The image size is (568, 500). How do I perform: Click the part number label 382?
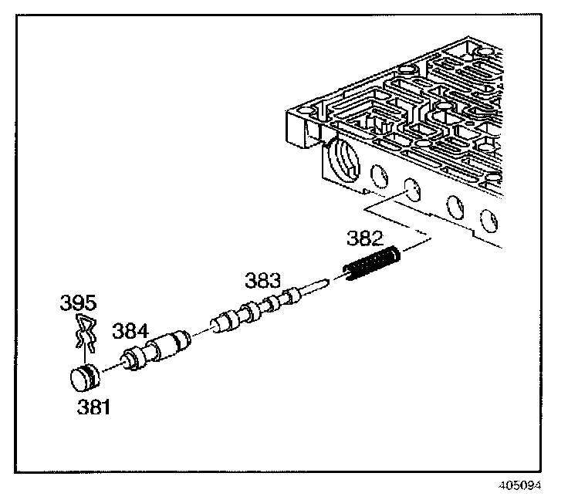point(364,238)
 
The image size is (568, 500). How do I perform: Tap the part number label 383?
point(262,280)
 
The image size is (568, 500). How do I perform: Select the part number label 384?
point(130,330)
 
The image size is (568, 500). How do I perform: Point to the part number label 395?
point(78,302)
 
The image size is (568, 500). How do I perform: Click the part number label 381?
point(93,407)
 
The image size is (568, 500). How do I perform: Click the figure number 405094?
point(519,485)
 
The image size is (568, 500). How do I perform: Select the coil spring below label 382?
point(372,263)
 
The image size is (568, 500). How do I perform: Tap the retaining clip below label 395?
point(86,332)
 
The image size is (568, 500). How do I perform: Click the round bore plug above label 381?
point(85,377)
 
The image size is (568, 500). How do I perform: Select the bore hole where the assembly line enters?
point(413,190)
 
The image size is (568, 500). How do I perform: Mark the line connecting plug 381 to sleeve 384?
point(112,367)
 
